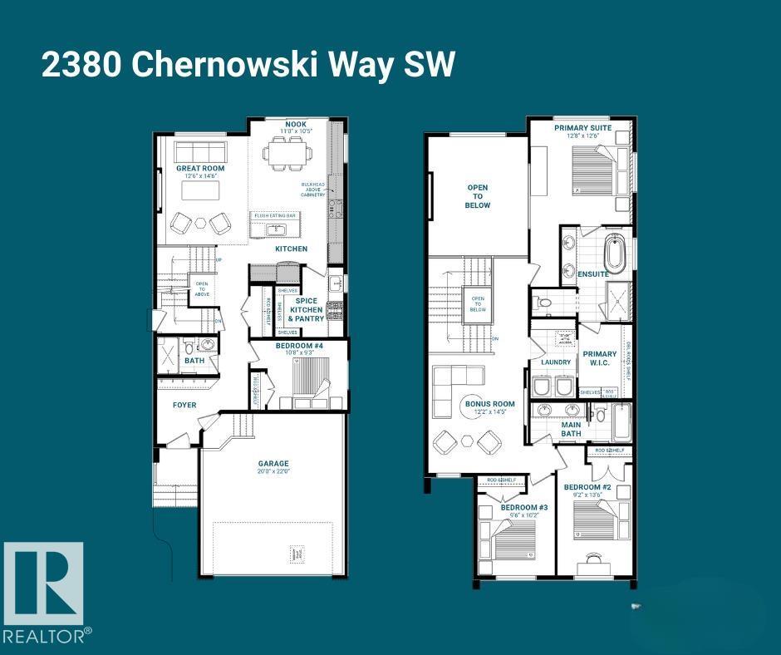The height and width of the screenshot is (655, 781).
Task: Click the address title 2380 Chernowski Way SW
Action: [x=248, y=66]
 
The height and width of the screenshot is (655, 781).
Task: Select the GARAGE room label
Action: [x=273, y=464]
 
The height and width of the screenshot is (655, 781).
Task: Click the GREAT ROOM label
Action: [x=199, y=169]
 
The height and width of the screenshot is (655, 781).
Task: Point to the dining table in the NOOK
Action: [x=290, y=154]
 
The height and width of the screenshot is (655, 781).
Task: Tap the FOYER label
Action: [x=184, y=406]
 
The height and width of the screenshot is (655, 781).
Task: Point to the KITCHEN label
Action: [x=291, y=249]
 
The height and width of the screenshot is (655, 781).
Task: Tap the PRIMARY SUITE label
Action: [x=583, y=128]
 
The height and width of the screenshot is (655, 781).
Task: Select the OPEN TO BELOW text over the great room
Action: [x=477, y=196]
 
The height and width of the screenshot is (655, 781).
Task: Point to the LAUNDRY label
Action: [x=556, y=362]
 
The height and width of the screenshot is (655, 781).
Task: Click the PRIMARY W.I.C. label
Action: [x=600, y=359]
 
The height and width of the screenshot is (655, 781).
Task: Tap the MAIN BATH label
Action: [x=571, y=428]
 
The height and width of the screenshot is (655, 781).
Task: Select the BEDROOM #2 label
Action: [x=587, y=487]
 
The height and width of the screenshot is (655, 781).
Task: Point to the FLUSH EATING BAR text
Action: [x=275, y=215]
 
